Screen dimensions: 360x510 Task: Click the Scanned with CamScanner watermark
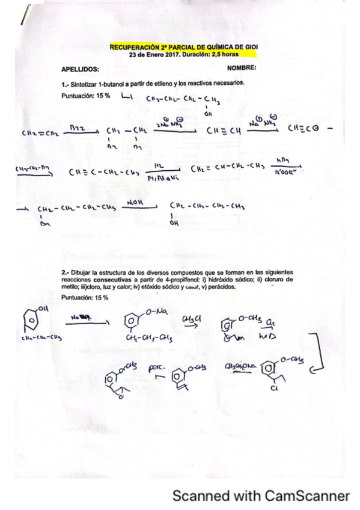tap(260, 496)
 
